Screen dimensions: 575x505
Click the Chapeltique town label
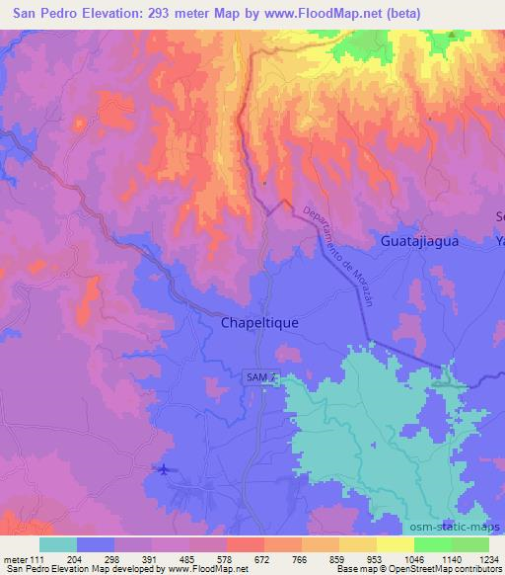(x=258, y=322)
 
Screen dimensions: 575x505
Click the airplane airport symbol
(x=163, y=468)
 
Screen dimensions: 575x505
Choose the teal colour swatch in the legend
(x=58, y=544)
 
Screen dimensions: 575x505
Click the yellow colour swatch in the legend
(x=395, y=544)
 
